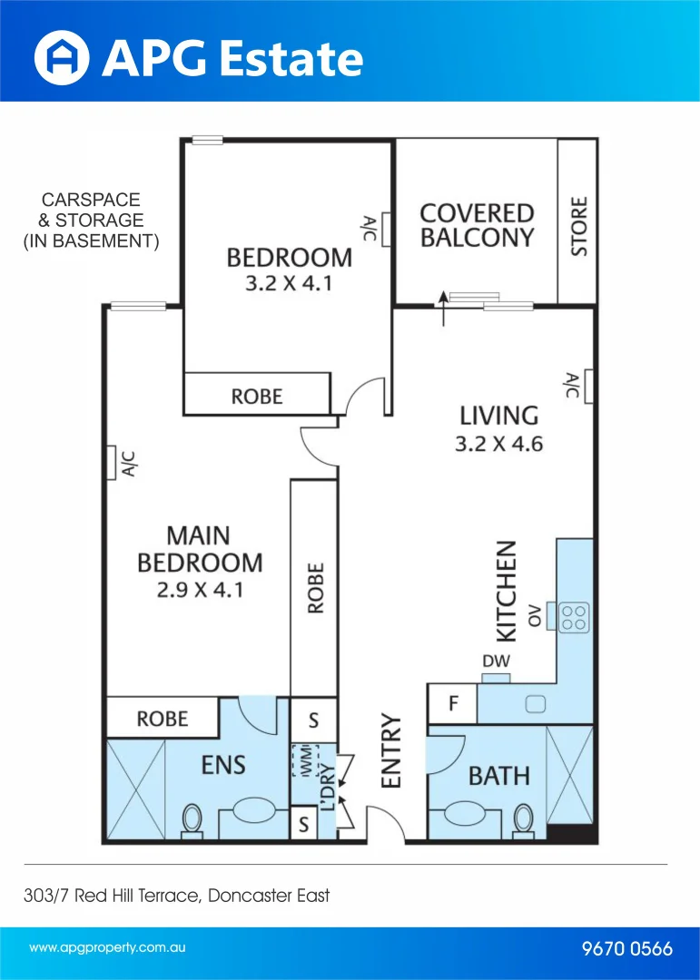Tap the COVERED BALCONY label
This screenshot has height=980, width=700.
click(x=477, y=225)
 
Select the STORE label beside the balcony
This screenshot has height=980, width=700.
click(x=578, y=226)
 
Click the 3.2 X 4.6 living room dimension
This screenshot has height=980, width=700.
click(x=498, y=445)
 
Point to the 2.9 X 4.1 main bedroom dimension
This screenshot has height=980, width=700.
click(x=199, y=589)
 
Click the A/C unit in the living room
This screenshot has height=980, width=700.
click(x=589, y=385)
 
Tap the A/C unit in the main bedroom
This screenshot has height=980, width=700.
click(x=113, y=462)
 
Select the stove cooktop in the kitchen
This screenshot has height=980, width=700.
click(x=573, y=618)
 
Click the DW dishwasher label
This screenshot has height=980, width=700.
click(x=496, y=662)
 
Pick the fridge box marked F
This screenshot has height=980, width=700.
click(x=452, y=703)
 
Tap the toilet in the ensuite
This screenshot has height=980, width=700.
click(x=192, y=818)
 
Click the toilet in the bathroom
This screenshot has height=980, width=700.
click(x=523, y=818)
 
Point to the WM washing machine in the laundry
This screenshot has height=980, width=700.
click(x=306, y=760)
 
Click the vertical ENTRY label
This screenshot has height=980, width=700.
click(x=391, y=750)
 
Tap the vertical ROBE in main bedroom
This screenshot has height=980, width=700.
click(x=315, y=588)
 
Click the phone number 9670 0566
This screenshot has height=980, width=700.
click(x=626, y=949)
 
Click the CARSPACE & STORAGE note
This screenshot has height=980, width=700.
click(x=91, y=220)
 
